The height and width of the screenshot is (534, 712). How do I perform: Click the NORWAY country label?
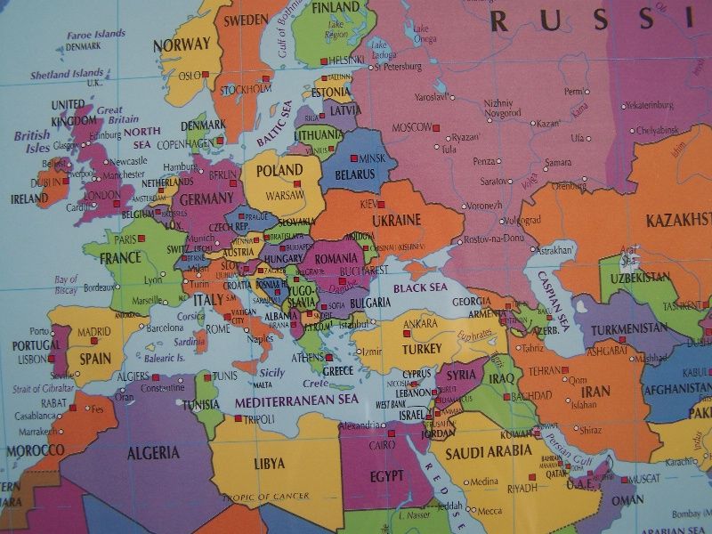coord(182,44)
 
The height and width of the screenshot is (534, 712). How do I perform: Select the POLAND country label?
coord(279,170)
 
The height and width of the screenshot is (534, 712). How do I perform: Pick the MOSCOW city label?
coord(412,126)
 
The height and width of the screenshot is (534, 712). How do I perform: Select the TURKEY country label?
coord(422,349)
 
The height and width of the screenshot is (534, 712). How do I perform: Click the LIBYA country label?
coord(270,464)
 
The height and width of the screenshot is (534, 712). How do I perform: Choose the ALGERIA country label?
coord(153,453)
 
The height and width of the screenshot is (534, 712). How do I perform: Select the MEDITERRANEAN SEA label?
coord(296,402)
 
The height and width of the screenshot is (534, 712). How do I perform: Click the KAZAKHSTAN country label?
coord(678,220)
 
